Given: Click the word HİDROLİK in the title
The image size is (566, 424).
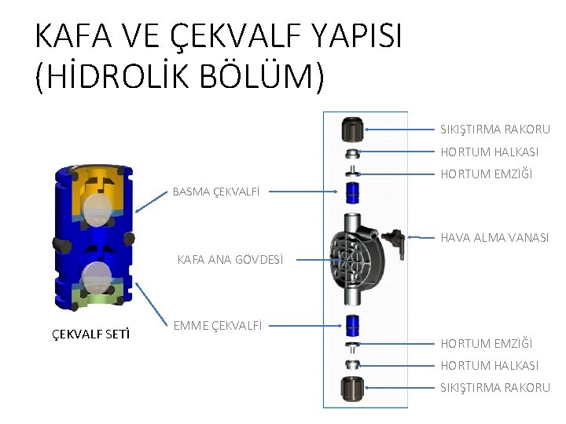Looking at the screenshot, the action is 119,78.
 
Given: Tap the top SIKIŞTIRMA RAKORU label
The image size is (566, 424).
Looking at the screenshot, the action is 494,129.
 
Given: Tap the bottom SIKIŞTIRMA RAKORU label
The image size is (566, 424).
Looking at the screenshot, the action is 494,387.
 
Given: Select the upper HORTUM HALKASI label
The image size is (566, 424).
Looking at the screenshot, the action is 489,152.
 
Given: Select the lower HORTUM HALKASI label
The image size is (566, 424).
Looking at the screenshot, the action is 489,365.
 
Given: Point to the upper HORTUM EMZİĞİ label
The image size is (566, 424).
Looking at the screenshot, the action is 486,174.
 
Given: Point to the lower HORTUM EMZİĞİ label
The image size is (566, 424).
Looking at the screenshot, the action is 486,343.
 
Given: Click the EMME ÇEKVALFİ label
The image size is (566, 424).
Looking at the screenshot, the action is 218,324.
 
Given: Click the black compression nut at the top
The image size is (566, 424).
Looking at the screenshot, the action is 353,127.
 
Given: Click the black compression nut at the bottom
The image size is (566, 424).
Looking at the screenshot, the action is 353,388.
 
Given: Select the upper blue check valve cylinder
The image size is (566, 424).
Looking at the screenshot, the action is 353,191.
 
